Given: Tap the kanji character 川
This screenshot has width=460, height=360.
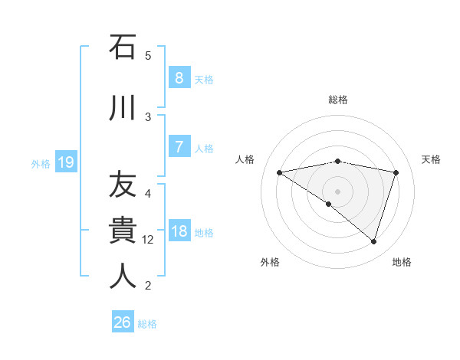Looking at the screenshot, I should point(122,106).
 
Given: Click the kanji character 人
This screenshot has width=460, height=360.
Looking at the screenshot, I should point(122,276).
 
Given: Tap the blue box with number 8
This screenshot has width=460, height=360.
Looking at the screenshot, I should point(179,78).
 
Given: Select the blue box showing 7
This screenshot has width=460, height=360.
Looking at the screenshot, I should point(179,146).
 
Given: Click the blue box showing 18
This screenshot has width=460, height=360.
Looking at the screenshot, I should point(179,231).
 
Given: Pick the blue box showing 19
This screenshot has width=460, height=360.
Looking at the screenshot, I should point(65,162).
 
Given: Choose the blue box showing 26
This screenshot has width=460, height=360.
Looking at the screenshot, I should point(122,322).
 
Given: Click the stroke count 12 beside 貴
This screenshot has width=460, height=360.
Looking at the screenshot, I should point(148,240).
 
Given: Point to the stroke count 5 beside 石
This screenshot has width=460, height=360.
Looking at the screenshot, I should point(148,55).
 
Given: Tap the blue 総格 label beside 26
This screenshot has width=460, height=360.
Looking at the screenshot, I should point(147,324).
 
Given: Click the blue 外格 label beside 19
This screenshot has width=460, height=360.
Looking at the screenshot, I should point(41,163).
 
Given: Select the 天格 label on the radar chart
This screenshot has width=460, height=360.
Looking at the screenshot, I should point(431,159).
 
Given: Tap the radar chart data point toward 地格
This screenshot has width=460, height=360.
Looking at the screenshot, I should point(373,241).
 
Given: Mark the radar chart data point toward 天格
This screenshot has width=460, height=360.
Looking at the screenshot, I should point(396,172).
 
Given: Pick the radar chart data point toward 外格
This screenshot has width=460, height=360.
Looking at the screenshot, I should point(329,204).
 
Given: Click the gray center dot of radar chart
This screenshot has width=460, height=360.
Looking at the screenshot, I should point(337,191).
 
